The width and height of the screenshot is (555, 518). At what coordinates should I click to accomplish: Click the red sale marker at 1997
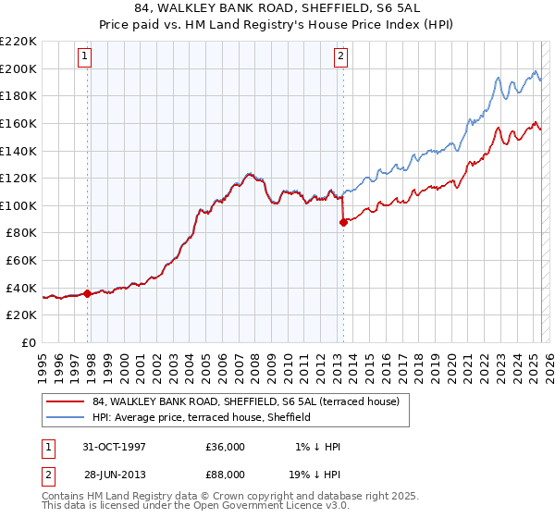click(x=88, y=293)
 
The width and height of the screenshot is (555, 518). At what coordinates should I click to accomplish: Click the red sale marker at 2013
click(x=343, y=222)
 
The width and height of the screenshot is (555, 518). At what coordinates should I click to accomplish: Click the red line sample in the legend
click(x=65, y=401)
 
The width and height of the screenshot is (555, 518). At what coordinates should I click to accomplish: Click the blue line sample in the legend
click(x=65, y=418)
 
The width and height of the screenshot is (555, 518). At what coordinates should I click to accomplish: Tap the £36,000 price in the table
click(x=225, y=447)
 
